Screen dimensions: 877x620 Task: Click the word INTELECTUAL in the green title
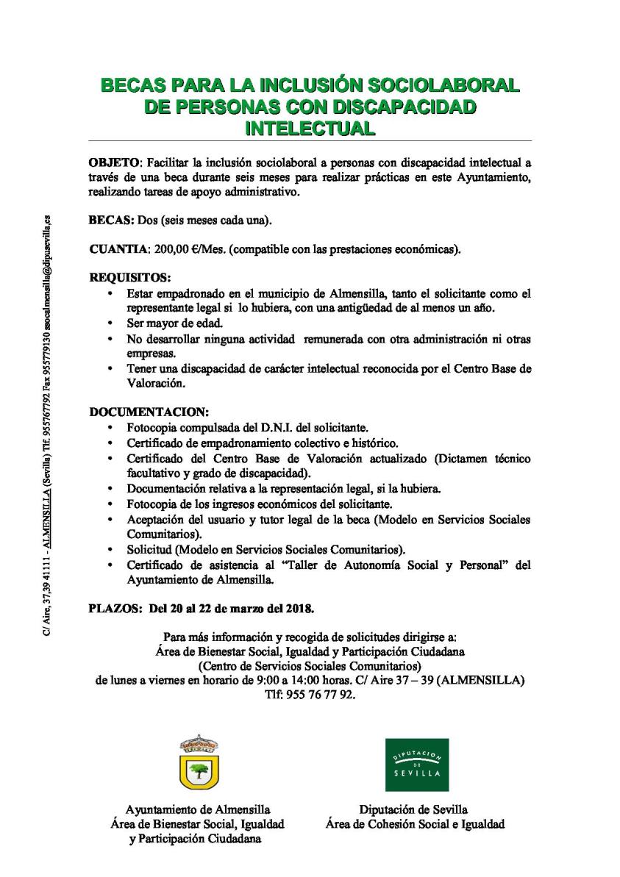click(x=309, y=127)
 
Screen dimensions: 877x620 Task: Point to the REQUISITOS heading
click(x=129, y=279)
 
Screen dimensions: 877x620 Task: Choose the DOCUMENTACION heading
click(x=149, y=411)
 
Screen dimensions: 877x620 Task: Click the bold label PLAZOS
click(x=114, y=609)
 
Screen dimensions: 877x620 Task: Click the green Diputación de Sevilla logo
click(x=417, y=765)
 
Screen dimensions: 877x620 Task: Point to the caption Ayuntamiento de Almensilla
click(x=198, y=809)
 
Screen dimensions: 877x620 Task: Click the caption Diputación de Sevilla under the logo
click(x=413, y=809)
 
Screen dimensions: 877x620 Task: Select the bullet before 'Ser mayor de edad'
click(x=110, y=323)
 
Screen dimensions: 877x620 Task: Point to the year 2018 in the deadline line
click(x=299, y=609)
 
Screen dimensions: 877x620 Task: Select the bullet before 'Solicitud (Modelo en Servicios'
click(x=110, y=549)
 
